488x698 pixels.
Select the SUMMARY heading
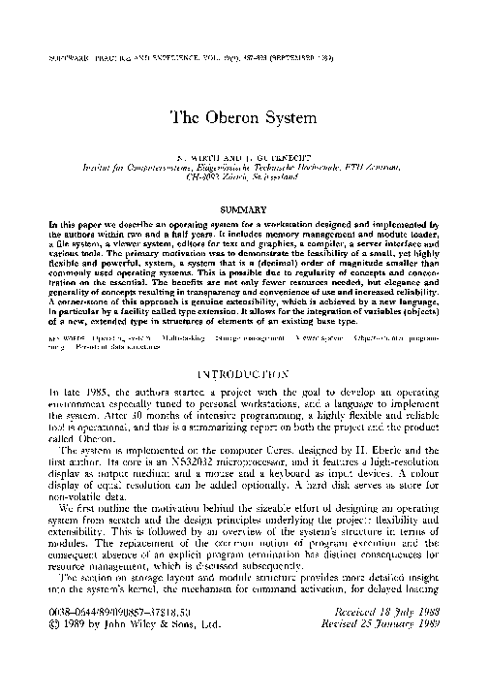[244, 209]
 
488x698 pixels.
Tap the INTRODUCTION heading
[243, 370]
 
